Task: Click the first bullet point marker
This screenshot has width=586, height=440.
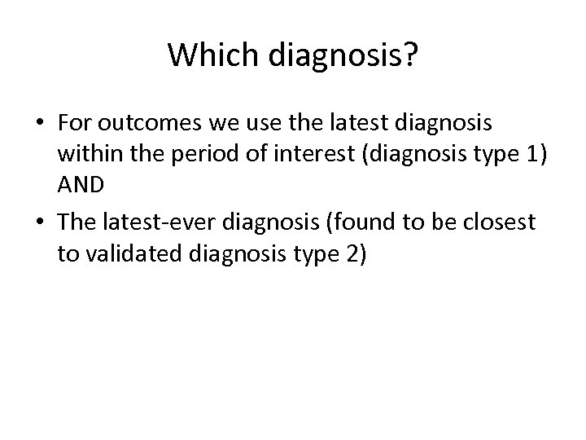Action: point(40,124)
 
